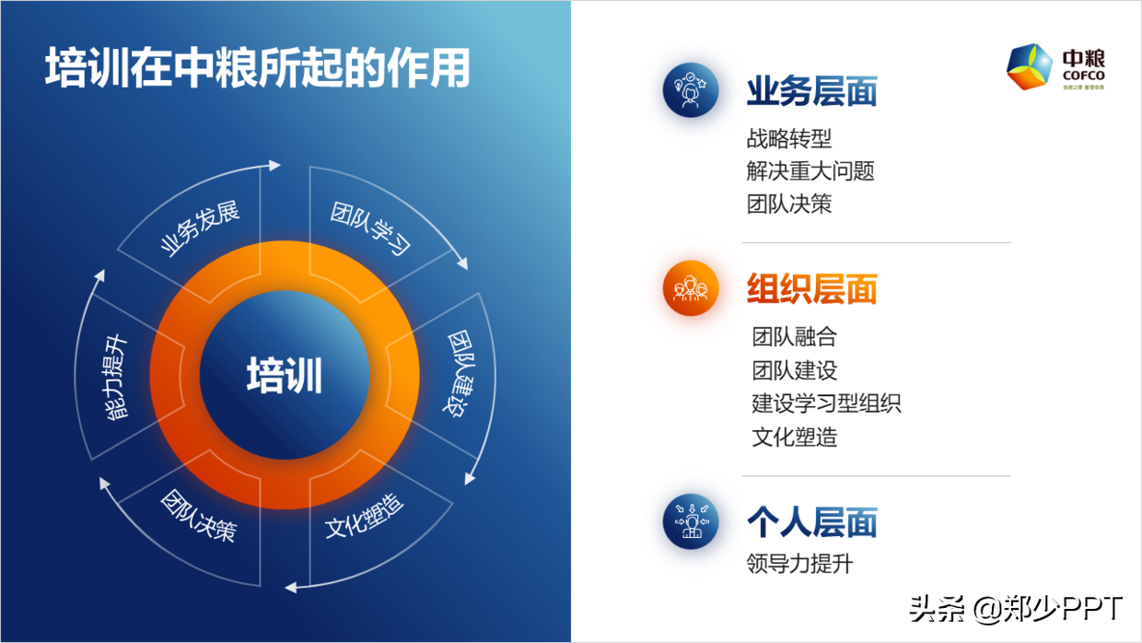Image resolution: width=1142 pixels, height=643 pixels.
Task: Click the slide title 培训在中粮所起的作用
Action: [258, 69]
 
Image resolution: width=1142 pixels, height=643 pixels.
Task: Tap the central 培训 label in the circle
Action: [285, 376]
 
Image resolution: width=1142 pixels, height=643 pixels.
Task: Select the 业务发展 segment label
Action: [200, 229]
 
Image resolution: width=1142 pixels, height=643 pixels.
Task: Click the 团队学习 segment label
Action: [370, 228]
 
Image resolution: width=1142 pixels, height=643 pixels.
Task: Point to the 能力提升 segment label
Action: [116, 378]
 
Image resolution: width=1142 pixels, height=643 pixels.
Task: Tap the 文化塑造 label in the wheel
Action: [365, 517]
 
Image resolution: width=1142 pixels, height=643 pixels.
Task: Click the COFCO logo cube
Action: [1031, 67]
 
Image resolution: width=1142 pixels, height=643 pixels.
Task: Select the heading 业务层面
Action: [811, 91]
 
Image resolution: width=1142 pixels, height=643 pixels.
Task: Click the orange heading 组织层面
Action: [811, 288]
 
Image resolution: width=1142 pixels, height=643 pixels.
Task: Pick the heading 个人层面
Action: [811, 522]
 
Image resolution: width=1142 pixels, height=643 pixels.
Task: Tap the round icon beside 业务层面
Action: [691, 89]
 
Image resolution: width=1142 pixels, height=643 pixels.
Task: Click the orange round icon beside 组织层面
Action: [691, 288]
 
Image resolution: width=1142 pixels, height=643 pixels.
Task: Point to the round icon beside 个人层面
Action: [691, 521]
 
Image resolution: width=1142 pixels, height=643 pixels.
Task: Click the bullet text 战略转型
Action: [789, 138]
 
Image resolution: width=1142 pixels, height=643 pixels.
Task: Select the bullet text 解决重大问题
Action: [810, 170]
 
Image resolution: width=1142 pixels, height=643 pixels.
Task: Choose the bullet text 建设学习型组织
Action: [826, 403]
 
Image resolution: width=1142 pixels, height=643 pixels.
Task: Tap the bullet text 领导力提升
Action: [799, 563]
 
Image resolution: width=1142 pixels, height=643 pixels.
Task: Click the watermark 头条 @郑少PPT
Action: [1016, 609]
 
